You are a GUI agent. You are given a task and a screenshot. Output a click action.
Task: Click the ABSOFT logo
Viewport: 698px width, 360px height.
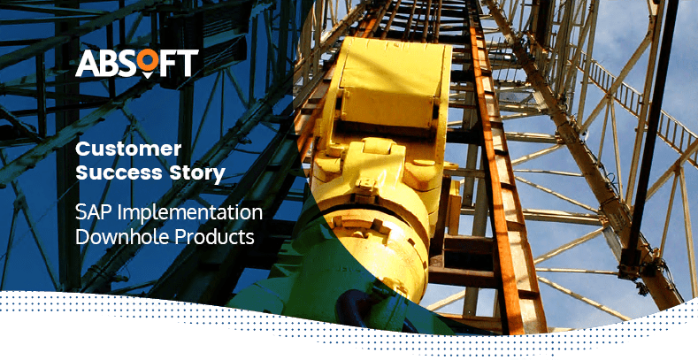pos(137,64)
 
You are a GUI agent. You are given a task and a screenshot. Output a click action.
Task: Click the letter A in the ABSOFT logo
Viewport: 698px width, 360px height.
pos(89,64)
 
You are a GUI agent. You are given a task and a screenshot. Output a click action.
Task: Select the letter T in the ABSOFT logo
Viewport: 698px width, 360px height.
pos(188,64)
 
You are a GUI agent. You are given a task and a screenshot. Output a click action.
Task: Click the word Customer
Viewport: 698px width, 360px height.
pos(128,148)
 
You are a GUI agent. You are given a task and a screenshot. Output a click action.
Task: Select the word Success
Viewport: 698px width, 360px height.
pos(111,172)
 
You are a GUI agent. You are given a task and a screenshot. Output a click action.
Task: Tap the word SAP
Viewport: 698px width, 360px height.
pos(94,213)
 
